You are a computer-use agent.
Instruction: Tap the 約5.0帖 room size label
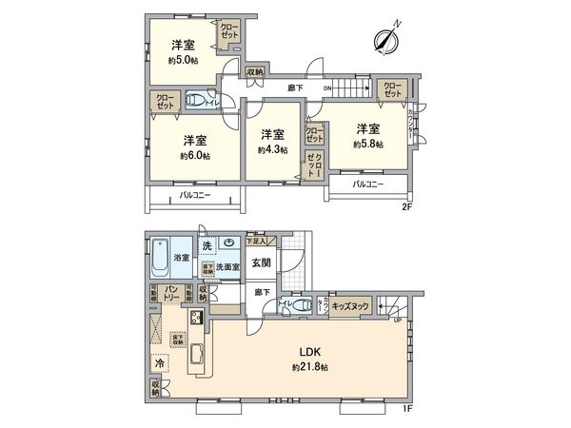(185, 59)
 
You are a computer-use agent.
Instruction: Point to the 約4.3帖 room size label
(269, 149)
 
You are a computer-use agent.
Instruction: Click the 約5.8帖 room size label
(368, 145)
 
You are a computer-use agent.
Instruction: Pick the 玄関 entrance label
(261, 262)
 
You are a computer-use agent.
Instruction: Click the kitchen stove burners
(198, 319)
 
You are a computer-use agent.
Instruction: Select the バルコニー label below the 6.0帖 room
(194, 196)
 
